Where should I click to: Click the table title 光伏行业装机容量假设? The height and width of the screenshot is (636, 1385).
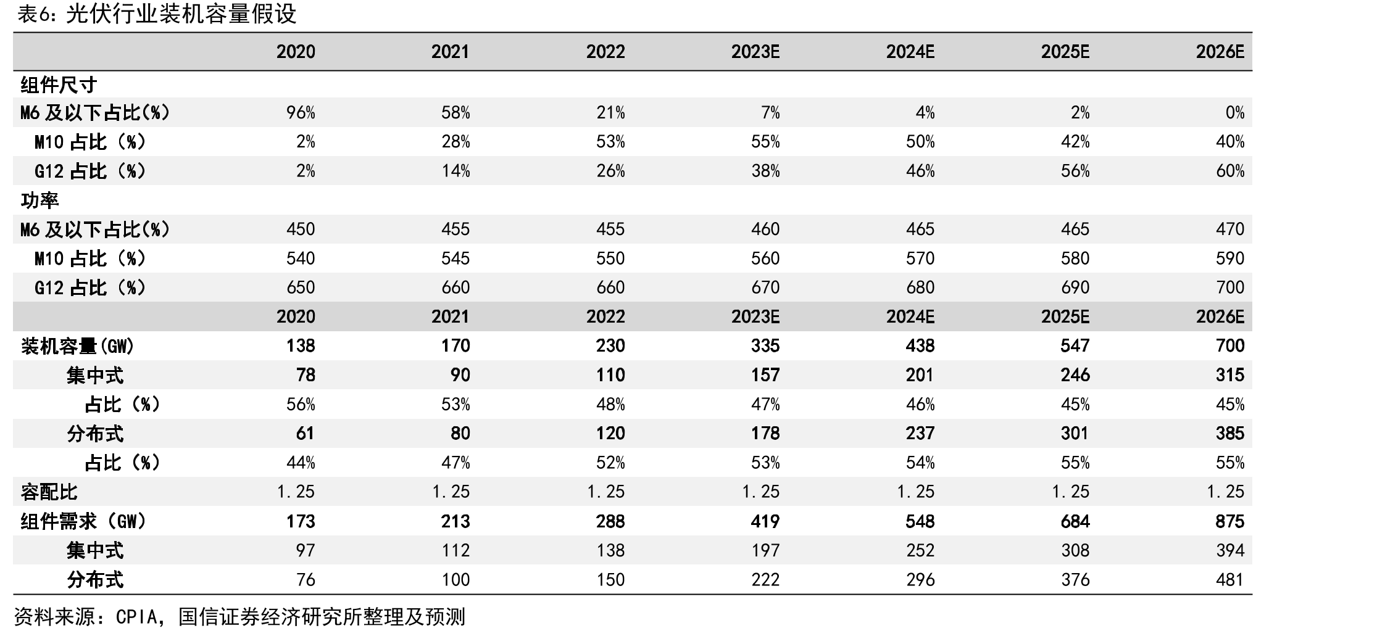[181, 14]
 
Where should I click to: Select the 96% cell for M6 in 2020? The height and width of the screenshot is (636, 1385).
[301, 113]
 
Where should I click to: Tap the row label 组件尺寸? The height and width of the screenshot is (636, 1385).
[59, 85]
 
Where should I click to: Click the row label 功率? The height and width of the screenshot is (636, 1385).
[40, 200]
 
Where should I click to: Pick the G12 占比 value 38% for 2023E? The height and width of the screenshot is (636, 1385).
[765, 171]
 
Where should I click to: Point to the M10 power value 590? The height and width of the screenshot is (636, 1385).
[1229, 258]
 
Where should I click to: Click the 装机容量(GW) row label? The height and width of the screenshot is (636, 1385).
[78, 346]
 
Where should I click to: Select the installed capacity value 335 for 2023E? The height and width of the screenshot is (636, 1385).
[765, 346]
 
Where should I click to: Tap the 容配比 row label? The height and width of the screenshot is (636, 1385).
[49, 492]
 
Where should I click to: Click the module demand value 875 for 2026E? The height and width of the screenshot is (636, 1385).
[1229, 521]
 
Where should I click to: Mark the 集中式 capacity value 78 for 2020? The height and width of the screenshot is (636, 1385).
[306, 375]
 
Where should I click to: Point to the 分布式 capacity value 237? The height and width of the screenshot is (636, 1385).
[920, 433]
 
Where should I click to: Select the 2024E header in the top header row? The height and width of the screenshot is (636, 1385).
[910, 52]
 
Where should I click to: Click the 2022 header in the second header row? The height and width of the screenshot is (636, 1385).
[605, 316]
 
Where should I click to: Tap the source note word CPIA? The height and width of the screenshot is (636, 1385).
[136, 617]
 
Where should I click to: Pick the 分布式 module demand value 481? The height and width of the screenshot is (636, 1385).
[1229, 580]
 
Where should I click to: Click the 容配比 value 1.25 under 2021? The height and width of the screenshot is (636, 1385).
[451, 492]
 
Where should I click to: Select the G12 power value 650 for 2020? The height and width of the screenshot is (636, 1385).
[301, 287]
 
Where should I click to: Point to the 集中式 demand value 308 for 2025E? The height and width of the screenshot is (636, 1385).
[1075, 550]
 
